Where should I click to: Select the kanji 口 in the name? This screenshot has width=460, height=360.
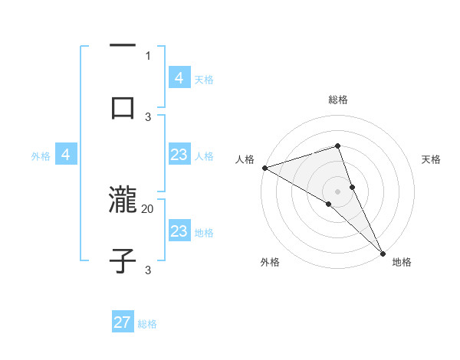point(123,107)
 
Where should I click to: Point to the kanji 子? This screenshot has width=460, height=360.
point(123,260)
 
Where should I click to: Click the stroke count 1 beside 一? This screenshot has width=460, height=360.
point(148,55)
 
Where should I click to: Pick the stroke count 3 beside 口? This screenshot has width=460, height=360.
point(148,116)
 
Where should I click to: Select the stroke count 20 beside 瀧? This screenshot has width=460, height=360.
point(148,208)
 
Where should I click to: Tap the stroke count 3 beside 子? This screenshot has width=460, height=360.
point(148,270)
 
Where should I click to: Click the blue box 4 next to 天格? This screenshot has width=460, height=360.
point(179,78)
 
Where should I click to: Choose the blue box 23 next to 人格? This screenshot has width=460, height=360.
point(179,155)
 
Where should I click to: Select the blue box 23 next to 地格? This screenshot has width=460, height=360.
point(179,231)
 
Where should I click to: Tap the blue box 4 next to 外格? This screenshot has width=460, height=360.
point(65,155)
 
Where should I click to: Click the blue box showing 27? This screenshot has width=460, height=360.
point(123,322)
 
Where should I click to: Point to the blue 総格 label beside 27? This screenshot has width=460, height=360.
point(147,324)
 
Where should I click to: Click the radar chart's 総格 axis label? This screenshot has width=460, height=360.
point(338,100)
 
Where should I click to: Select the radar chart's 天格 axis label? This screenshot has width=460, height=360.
point(432,159)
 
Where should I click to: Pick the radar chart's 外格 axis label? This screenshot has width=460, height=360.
point(270,263)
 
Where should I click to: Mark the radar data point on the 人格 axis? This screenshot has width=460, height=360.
point(264,168)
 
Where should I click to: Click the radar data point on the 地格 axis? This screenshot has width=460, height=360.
point(383,252)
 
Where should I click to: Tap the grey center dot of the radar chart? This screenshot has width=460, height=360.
point(338,191)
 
